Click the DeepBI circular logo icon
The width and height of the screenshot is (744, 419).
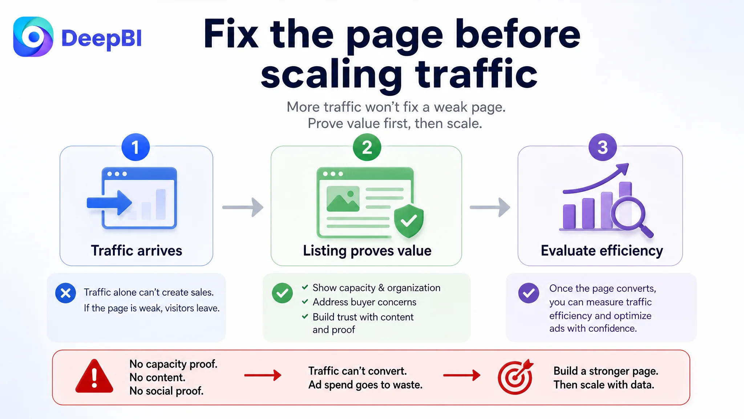(x=33, y=37)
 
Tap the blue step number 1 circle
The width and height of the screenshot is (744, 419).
(x=136, y=147)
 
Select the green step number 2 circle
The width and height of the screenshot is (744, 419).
(x=367, y=147)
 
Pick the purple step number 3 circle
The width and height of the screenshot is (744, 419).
(x=603, y=147)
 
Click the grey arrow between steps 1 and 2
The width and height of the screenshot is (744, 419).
(x=243, y=207)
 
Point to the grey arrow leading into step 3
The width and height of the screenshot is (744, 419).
(x=490, y=207)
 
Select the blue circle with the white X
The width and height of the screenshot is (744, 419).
(x=66, y=293)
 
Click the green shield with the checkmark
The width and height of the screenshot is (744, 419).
(x=409, y=221)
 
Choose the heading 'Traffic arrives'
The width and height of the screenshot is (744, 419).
(x=137, y=251)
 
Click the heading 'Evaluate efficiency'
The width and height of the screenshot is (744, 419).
(x=602, y=251)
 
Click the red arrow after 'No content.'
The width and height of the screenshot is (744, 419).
(x=263, y=375)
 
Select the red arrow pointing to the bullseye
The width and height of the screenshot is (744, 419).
(x=462, y=375)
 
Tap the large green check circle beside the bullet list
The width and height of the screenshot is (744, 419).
(x=282, y=293)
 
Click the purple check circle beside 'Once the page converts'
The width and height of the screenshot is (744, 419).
(x=529, y=293)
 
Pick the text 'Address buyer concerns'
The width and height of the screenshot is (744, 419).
(x=364, y=302)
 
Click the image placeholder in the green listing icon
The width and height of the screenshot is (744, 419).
(x=343, y=199)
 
